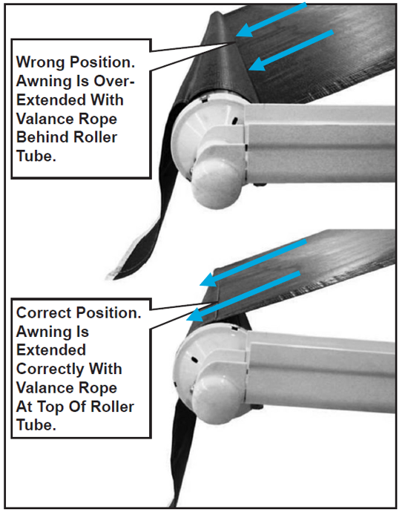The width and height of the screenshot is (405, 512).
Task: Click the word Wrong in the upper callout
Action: tap(41, 62)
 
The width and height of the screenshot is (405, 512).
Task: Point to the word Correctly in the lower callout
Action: tap(50, 370)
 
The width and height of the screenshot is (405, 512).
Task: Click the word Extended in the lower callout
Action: tap(51, 350)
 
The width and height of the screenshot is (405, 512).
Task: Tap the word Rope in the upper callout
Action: tap(100, 119)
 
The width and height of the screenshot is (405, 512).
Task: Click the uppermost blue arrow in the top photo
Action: tap(271, 19)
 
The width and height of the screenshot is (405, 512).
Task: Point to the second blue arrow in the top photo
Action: tap(291, 50)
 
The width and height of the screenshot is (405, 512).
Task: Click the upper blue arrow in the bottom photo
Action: tap(253, 263)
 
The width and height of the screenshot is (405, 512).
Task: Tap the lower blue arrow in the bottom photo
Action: tap(243, 295)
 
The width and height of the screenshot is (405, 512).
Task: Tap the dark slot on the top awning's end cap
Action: tap(234, 121)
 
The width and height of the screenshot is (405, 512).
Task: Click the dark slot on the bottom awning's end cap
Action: tap(194, 360)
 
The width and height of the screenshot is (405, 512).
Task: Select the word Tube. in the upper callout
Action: tap(36, 156)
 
